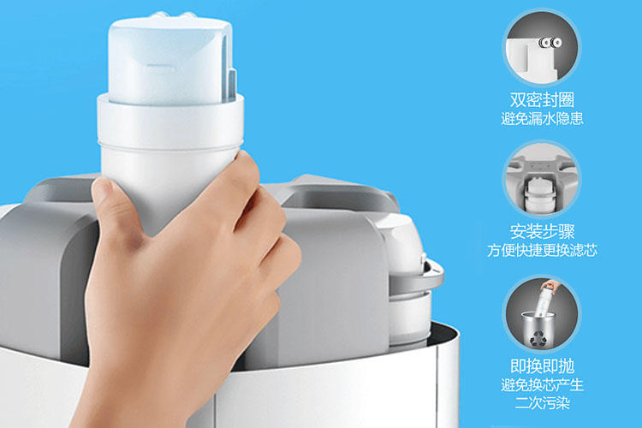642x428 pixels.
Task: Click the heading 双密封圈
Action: (x=541, y=99)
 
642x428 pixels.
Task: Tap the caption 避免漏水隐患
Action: (x=541, y=120)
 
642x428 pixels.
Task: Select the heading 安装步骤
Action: (x=541, y=231)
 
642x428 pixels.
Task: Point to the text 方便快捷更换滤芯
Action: (x=541, y=251)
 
